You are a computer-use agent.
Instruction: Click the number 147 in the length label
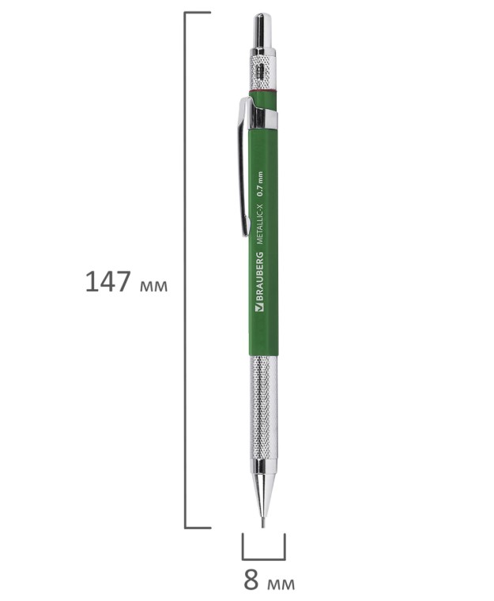107,282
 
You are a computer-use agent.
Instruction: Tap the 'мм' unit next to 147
154,286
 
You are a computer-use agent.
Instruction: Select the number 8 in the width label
251,580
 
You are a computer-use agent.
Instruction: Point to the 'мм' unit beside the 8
281,584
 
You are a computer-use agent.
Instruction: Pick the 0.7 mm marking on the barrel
260,184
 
